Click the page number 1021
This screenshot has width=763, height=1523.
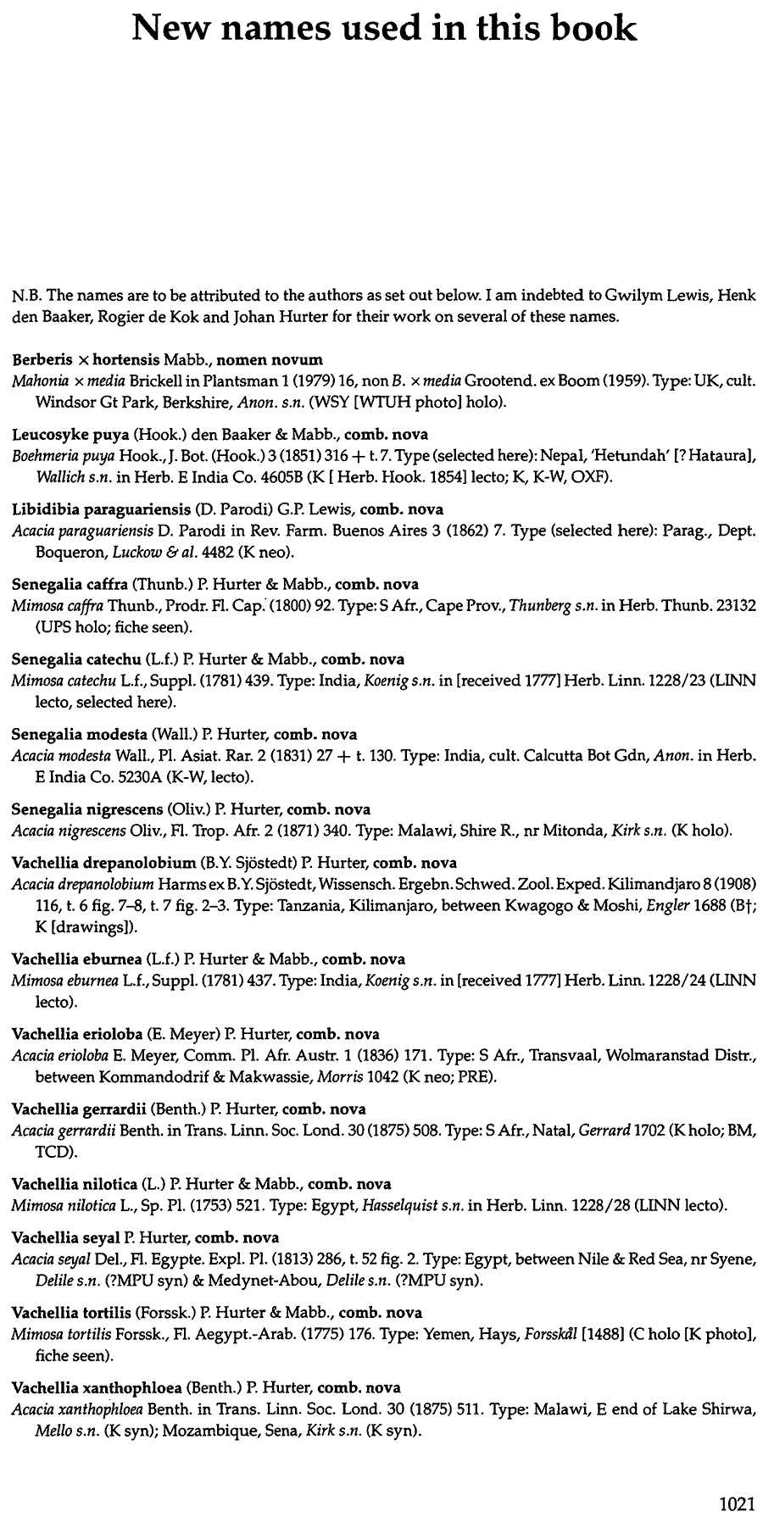pos(736,1504)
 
